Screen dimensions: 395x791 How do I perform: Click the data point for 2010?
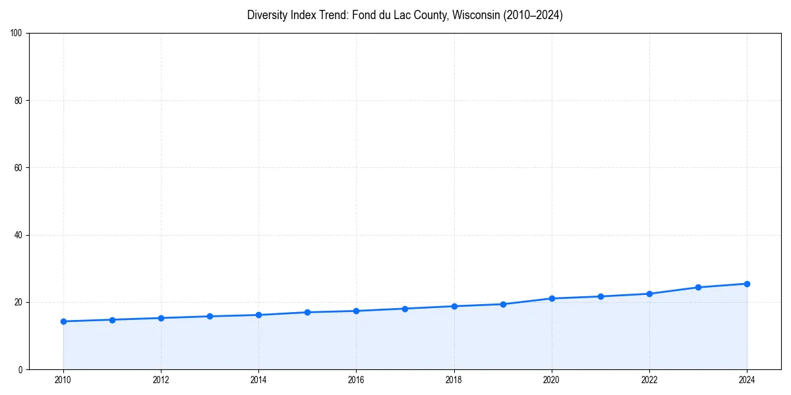[63, 321]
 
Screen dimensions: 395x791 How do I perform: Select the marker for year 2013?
[210, 316]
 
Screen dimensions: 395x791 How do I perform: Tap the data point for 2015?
[307, 312]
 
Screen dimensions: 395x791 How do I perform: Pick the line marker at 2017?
[405, 309]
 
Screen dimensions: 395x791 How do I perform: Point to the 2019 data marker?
[503, 304]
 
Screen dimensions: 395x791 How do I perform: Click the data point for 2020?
[552, 298]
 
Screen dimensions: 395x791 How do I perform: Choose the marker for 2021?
[601, 296]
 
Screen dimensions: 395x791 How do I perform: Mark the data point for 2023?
[698, 287]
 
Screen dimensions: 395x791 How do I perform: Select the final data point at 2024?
[747, 284]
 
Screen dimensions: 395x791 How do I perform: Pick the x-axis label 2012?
[161, 380]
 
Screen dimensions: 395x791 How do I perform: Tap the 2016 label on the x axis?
[356, 380]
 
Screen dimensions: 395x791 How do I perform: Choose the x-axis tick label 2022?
[649, 380]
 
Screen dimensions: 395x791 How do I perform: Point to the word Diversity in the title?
[268, 15]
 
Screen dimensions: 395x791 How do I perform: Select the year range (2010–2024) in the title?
[533, 15]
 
